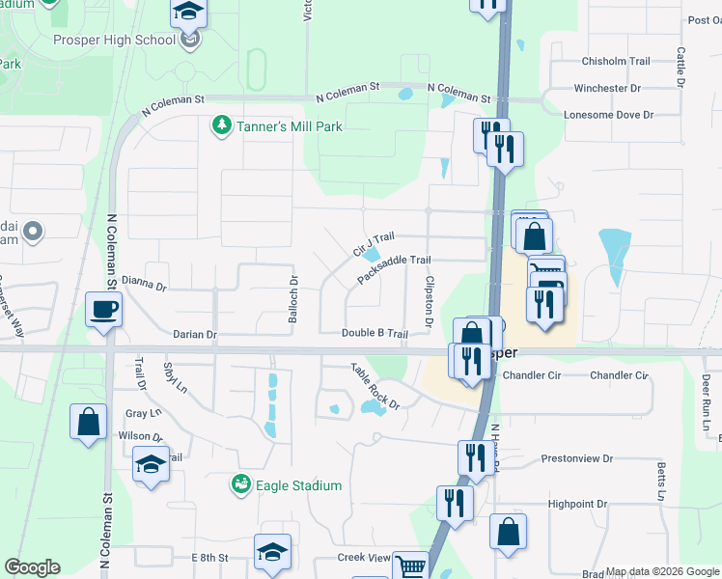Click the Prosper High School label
click(x=129, y=41)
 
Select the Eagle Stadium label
click(x=298, y=485)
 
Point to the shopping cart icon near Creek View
click(x=409, y=565)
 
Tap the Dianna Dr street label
click(x=144, y=287)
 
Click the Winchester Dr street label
click(x=607, y=88)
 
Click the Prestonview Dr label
click(x=577, y=458)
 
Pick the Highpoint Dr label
click(x=577, y=504)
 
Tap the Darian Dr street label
click(x=195, y=334)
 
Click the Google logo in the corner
click(x=32, y=567)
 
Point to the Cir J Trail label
click(x=375, y=244)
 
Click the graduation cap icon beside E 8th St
click(x=273, y=551)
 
